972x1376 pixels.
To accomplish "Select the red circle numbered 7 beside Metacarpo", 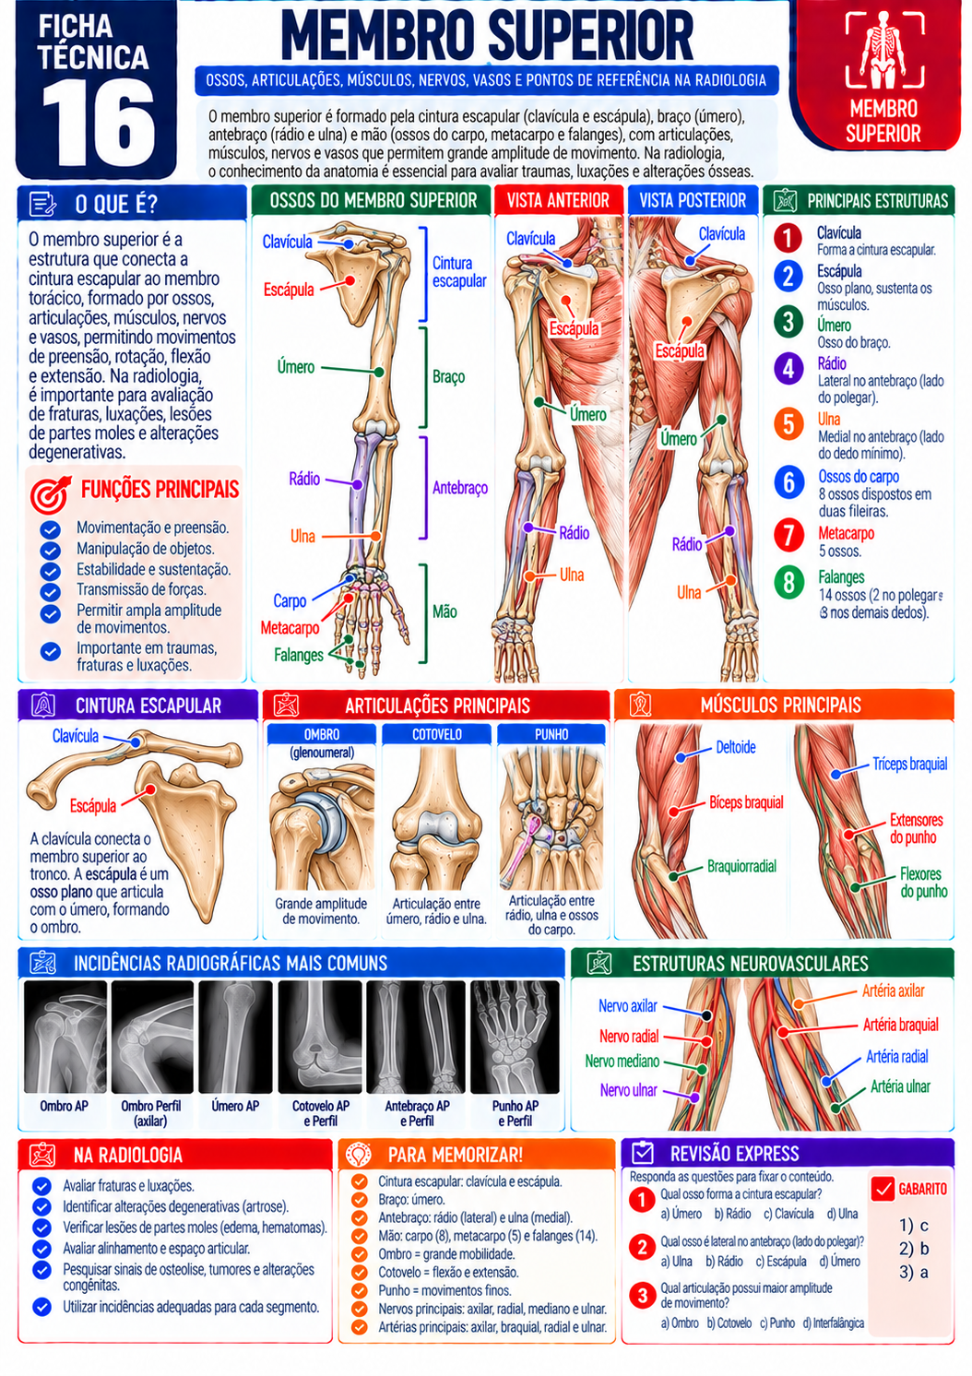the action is coord(788,534).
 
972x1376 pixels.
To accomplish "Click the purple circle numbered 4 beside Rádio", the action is coord(788,369).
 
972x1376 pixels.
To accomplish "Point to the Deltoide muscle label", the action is coord(735,748).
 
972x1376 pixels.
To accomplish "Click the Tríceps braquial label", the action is coord(910,764).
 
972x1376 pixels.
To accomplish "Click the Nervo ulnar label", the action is coord(629,1090).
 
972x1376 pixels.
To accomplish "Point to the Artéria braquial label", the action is coord(901,1025).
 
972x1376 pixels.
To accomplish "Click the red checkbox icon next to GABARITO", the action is coord(883,1189).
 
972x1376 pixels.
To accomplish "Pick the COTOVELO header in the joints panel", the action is coord(436,734).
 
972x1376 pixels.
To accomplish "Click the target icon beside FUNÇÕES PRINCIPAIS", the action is coord(51,494).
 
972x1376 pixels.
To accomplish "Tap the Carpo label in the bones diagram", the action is coord(290,600).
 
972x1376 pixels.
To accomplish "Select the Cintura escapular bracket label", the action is coord(459,272).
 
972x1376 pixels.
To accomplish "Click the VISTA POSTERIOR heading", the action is coord(693,200).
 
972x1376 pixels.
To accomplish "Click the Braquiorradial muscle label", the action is coord(741,866).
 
